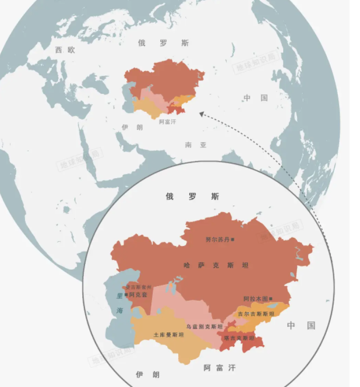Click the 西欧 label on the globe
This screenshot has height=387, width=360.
[65, 50]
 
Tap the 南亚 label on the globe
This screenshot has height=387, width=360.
[196, 145]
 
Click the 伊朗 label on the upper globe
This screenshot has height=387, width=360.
[132, 127]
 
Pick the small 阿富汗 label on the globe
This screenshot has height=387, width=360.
[167, 122]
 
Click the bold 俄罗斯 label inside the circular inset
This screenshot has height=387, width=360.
[192, 197]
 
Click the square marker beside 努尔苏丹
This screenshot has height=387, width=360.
[232, 239]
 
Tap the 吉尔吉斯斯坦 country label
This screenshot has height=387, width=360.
[255, 314]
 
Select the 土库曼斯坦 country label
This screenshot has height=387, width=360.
[168, 335]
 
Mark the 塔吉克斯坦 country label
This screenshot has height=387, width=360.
[240, 338]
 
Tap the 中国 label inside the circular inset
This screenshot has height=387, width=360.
[301, 325]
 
